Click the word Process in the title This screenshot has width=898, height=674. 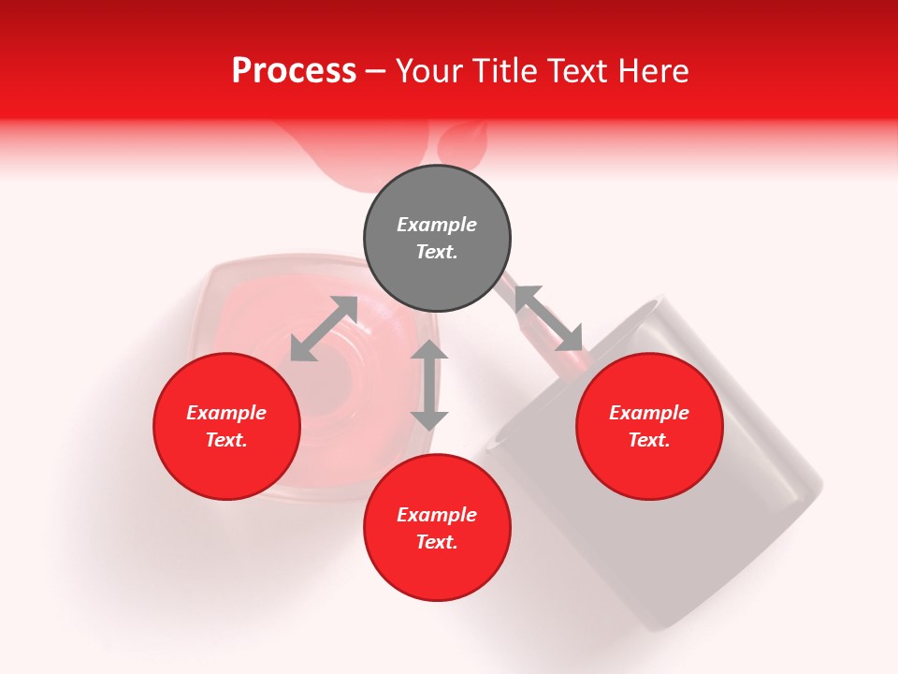294,71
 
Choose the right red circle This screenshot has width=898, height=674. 649,459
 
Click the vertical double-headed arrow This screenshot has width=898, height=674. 429,385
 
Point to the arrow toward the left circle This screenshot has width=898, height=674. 324,329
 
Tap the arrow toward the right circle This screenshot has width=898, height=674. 548,317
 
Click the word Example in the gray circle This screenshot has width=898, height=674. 437,225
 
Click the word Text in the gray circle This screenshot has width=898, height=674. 437,252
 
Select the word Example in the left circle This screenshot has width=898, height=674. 226,413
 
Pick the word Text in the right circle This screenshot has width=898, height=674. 649,440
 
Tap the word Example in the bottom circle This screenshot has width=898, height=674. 437,515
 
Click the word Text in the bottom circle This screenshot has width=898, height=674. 437,542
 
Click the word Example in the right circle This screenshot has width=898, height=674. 649,413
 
